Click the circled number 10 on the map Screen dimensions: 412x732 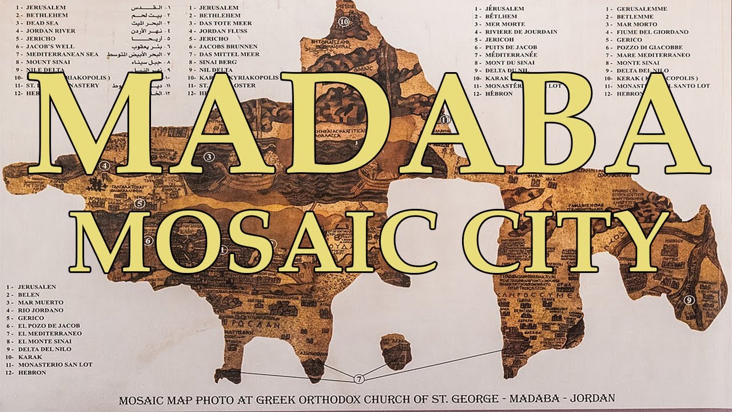point(344,22)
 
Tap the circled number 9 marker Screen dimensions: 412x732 point(689,299)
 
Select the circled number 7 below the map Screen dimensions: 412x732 point(359,379)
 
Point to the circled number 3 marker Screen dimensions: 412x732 point(209,156)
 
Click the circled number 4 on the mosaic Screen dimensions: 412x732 point(104,167)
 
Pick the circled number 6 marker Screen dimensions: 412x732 point(148,241)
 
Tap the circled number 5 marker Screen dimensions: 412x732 point(140,203)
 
